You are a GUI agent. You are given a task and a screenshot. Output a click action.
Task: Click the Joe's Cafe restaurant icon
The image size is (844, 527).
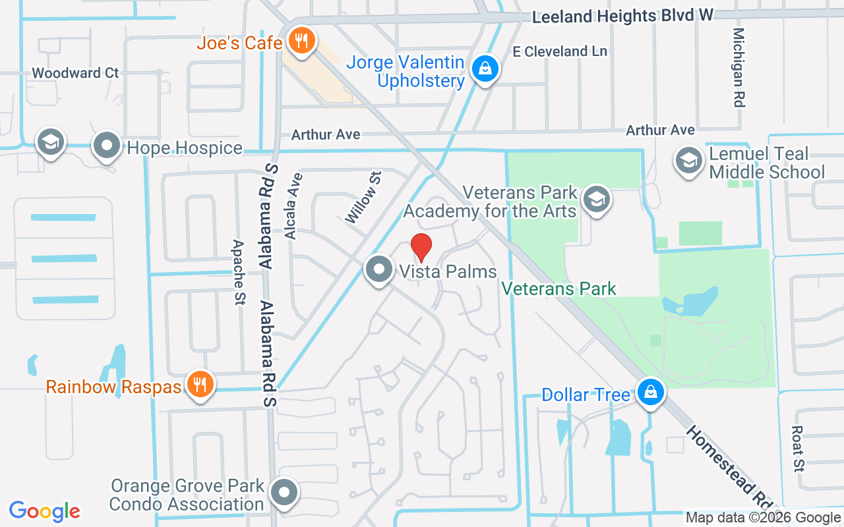click(301, 42)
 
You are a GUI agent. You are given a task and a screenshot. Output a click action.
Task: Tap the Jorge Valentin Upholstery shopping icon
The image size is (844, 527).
click(485, 68)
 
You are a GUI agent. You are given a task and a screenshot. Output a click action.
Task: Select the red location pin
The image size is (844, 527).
click(421, 248)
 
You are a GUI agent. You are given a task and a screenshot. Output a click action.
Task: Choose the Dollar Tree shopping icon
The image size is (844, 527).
click(650, 393)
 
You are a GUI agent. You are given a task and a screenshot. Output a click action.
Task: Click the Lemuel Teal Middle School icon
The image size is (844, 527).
click(688, 160)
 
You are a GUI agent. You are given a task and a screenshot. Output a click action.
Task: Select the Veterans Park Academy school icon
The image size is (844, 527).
click(597, 200)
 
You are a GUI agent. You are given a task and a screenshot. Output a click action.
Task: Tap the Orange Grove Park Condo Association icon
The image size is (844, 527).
click(285, 492)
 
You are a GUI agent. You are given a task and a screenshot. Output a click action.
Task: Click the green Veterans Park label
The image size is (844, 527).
click(558, 289)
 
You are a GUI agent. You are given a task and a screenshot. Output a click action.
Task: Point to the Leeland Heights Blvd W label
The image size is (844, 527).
click(622, 16)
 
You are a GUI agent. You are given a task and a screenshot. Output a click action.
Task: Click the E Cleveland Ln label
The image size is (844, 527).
click(560, 51)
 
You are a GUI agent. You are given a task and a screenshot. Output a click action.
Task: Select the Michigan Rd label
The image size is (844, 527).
click(739, 67)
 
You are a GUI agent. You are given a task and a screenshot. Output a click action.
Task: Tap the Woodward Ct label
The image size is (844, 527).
click(75, 73)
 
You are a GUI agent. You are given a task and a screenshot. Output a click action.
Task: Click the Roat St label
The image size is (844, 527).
click(799, 448)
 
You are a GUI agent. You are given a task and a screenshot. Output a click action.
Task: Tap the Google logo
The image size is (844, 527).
click(45, 511)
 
